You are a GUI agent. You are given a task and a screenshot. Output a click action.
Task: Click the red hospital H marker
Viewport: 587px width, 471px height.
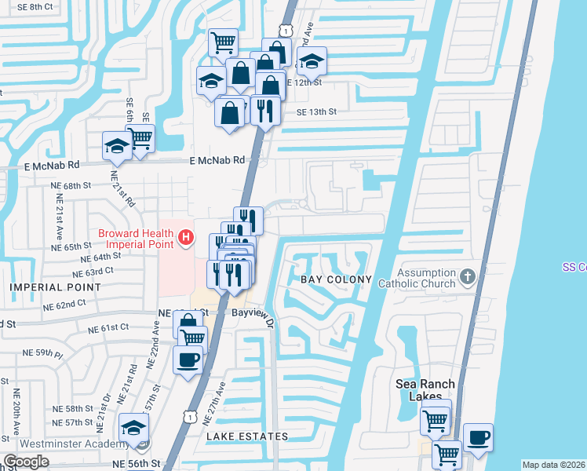click(186, 235)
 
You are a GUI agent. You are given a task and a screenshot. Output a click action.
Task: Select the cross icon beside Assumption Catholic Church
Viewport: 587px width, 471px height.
click(468, 276)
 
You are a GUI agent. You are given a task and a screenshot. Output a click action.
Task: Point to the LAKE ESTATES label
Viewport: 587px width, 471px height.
click(247, 436)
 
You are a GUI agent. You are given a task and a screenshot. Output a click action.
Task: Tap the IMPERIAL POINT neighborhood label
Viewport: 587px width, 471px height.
click(55, 287)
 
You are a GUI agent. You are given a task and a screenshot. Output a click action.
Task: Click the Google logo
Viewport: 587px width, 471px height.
click(26, 462)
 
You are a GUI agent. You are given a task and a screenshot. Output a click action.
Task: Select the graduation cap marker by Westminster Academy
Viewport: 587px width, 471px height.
click(134, 429)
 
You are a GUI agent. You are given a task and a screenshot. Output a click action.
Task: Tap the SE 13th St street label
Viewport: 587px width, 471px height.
click(316, 112)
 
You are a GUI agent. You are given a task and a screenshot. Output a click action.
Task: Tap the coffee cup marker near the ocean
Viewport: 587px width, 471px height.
click(478, 437)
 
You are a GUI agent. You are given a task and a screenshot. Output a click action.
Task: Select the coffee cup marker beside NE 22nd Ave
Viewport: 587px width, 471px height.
click(188, 360)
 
